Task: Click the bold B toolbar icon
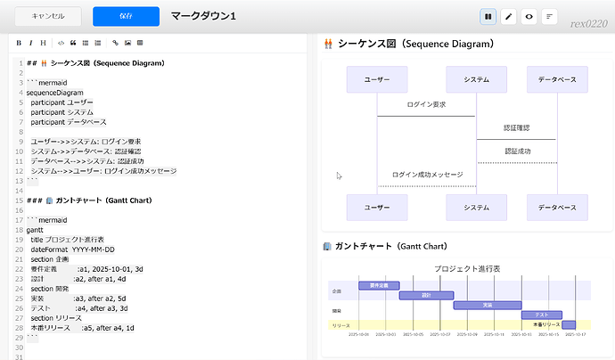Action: [19, 42]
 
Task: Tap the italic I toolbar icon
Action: [31, 42]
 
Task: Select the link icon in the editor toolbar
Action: [114, 42]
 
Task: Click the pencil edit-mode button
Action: [509, 16]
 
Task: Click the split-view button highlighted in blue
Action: [488, 16]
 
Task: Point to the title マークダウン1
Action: [203, 16]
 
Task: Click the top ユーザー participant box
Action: [377, 79]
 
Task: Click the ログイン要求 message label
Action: [425, 105]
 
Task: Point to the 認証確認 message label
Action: [517, 128]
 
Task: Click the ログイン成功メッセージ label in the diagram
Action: [427, 175]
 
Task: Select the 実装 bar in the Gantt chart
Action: [487, 305]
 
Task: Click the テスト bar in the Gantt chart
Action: [541, 315]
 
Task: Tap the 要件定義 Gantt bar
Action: [379, 285]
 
